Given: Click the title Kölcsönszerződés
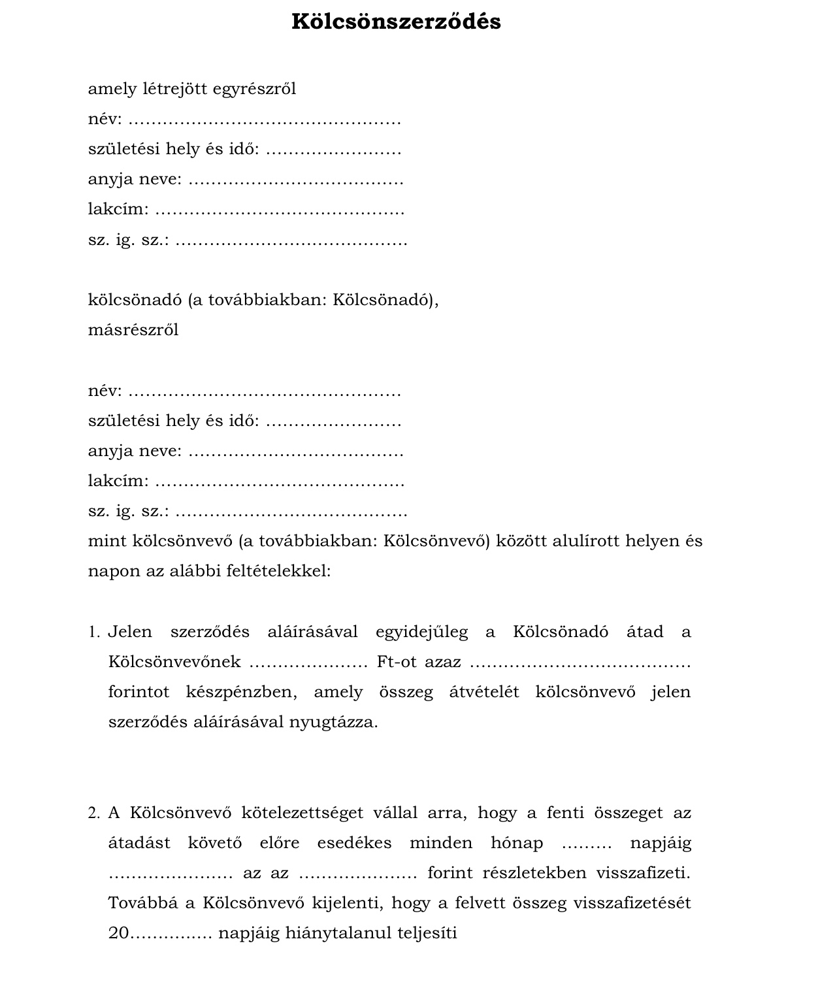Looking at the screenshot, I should click(x=396, y=22).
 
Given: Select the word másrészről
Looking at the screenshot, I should click(x=133, y=330).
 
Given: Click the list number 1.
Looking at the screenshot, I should click(x=93, y=633).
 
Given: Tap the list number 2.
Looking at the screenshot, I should click(x=93, y=813).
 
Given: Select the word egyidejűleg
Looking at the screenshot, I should click(x=421, y=633).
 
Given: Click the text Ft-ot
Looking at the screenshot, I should click(x=396, y=663).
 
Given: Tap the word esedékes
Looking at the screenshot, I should click(x=354, y=844).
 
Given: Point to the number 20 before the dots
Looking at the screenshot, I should click(x=119, y=934).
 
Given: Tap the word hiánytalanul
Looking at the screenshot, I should click(x=338, y=934).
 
